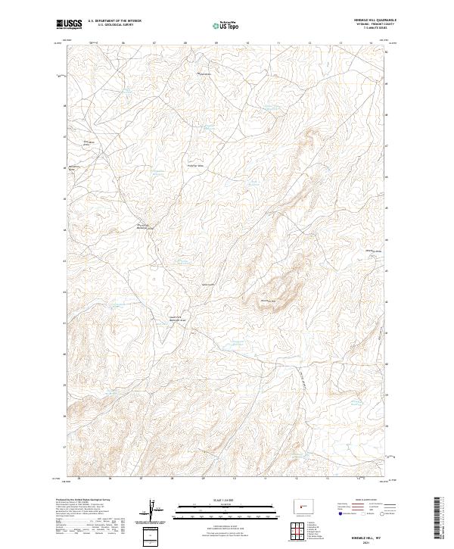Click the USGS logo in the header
(69, 24)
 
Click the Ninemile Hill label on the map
(270, 301)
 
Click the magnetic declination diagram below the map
(155, 511)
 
